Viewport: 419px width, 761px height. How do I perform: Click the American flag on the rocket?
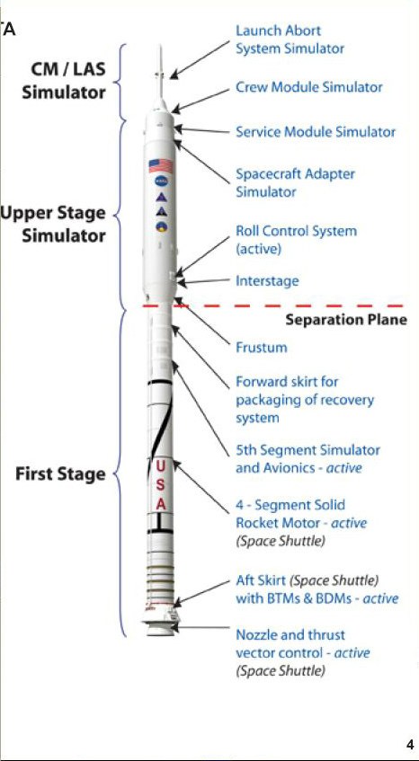pyautogui.click(x=161, y=166)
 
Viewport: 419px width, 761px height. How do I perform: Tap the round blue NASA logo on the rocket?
pyautogui.click(x=161, y=181)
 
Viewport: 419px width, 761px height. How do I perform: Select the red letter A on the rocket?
pyautogui.click(x=161, y=504)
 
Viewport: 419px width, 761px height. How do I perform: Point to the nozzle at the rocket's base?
pyautogui.click(x=161, y=629)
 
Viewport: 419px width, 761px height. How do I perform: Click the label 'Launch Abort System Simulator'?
pyautogui.click(x=290, y=40)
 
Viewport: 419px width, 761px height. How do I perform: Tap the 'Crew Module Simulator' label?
pyautogui.click(x=308, y=87)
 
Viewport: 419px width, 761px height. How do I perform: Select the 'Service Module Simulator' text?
pyautogui.click(x=315, y=131)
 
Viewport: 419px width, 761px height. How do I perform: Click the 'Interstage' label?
pyautogui.click(x=267, y=280)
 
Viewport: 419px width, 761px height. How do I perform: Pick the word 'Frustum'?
pyautogui.click(x=262, y=348)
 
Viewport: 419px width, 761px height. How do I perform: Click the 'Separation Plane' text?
pyautogui.click(x=345, y=321)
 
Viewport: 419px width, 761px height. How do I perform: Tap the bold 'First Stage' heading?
pyautogui.click(x=60, y=474)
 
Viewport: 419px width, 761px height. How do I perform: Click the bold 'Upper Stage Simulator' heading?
pyautogui.click(x=53, y=225)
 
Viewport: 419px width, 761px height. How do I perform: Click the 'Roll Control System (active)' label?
pyautogui.click(x=296, y=240)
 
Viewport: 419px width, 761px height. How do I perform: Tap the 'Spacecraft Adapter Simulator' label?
pyautogui.click(x=295, y=182)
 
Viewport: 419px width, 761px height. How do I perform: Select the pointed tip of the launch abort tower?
pyautogui.click(x=160, y=46)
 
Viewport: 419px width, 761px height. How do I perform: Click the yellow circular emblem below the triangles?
pyautogui.click(x=161, y=226)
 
